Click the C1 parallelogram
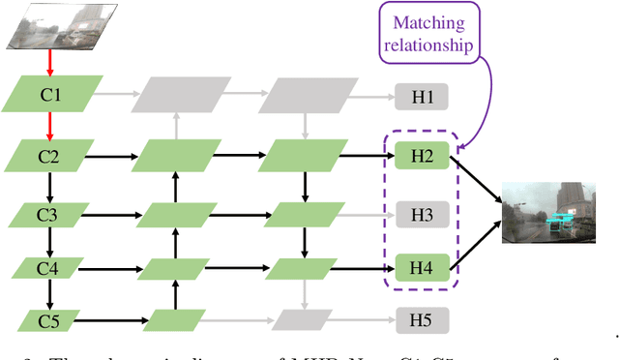coord(51,96)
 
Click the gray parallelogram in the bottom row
coord(298,318)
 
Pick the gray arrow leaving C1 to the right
coord(116,96)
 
